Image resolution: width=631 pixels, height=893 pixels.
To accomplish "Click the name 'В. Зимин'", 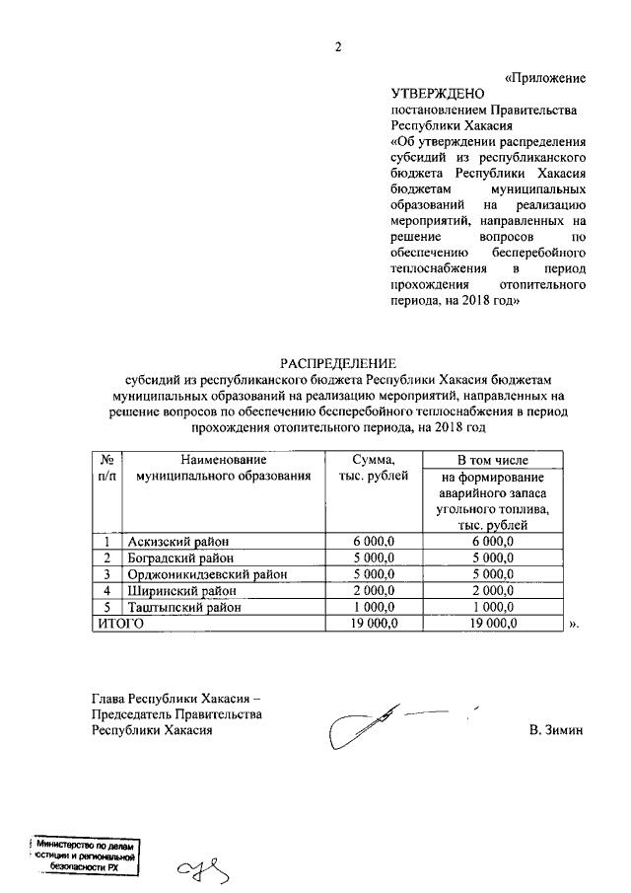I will point(556,731).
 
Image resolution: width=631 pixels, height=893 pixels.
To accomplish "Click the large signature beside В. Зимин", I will point(385,725).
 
